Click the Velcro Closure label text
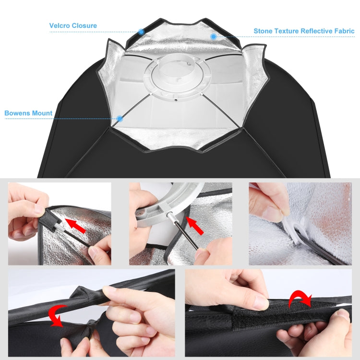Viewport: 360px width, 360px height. point(73,25)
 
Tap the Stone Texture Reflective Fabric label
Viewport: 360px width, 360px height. point(304,31)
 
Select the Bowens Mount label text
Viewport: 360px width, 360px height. point(28,114)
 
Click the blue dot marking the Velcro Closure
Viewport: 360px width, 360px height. point(141,32)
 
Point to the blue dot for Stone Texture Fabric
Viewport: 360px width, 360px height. point(213,36)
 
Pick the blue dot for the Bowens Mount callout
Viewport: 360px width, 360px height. point(120,119)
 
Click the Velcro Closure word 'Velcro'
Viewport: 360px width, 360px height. point(60,25)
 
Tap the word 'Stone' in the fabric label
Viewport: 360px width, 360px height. point(264,31)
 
